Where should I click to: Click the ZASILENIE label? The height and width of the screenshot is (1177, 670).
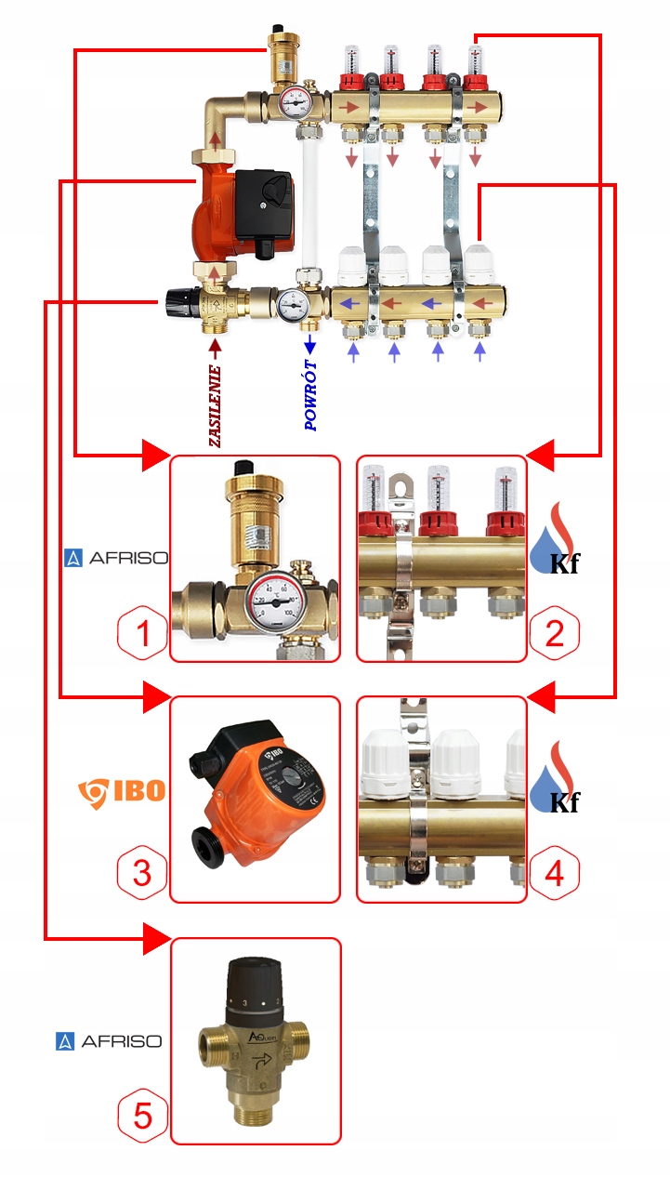pyautogui.click(x=216, y=405)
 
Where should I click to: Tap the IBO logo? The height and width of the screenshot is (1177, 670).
pyautogui.click(x=121, y=791)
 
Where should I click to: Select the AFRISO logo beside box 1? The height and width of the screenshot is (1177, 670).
pyautogui.click(x=115, y=558)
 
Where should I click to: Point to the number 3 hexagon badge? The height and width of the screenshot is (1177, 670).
pyautogui.click(x=142, y=874)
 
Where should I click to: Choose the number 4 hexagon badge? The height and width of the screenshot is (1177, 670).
pyautogui.click(x=554, y=874)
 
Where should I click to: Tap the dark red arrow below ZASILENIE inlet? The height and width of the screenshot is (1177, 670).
pyautogui.click(x=216, y=347)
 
